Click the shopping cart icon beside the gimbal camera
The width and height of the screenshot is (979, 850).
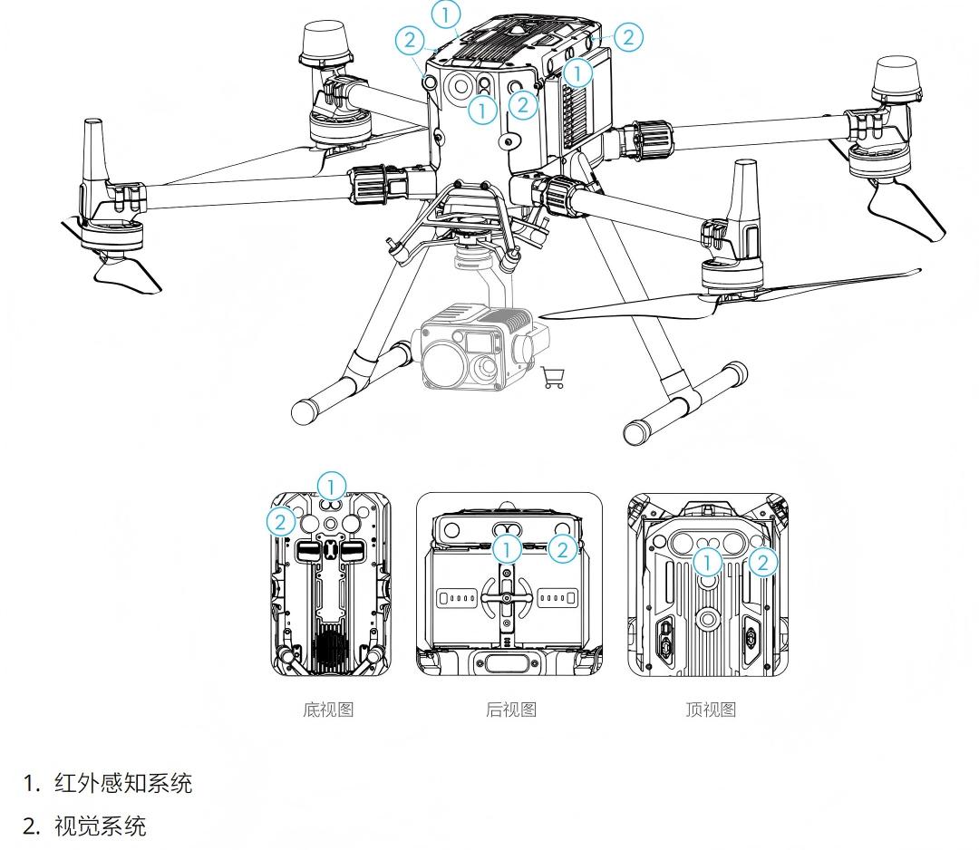click(x=552, y=378)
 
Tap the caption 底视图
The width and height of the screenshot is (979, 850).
click(x=328, y=710)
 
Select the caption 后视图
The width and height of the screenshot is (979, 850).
click(x=511, y=710)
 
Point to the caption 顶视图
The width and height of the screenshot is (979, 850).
click(x=711, y=710)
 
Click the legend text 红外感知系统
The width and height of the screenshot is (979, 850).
click(x=123, y=784)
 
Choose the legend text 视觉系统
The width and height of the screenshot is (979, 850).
click(x=100, y=826)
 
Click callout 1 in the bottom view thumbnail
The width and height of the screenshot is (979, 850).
click(x=332, y=486)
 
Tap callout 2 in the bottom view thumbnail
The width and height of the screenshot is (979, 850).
click(x=281, y=521)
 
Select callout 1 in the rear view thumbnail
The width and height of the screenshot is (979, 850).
click(x=509, y=547)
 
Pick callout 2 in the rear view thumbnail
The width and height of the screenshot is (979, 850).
click(x=563, y=547)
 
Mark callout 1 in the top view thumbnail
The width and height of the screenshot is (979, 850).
click(x=708, y=563)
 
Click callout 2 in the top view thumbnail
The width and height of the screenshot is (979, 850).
click(x=763, y=563)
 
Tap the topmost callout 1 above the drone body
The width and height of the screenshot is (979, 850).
click(x=446, y=14)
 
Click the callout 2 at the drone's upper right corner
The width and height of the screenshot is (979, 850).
click(x=627, y=37)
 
